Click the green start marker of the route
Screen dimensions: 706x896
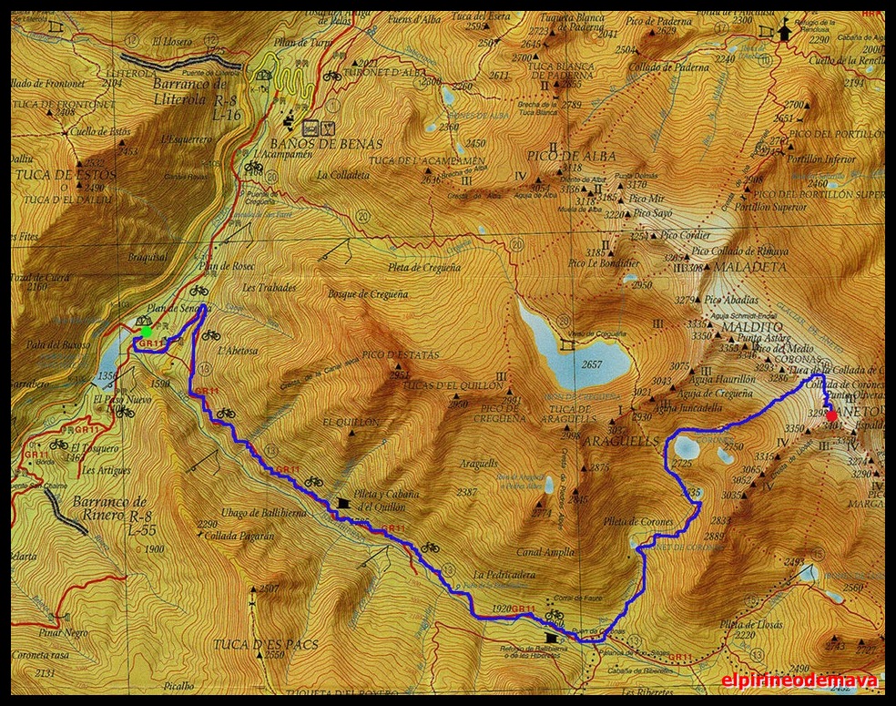click(147, 332)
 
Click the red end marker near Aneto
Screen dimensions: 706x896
click(830, 416)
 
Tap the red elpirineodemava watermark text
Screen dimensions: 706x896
click(799, 680)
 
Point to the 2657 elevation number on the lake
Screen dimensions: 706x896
click(592, 365)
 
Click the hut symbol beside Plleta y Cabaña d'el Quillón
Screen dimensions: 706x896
click(343, 502)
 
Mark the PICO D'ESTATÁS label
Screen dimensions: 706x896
click(401, 354)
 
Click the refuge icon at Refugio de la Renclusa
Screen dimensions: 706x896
click(785, 30)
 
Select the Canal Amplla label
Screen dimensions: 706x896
click(545, 551)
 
